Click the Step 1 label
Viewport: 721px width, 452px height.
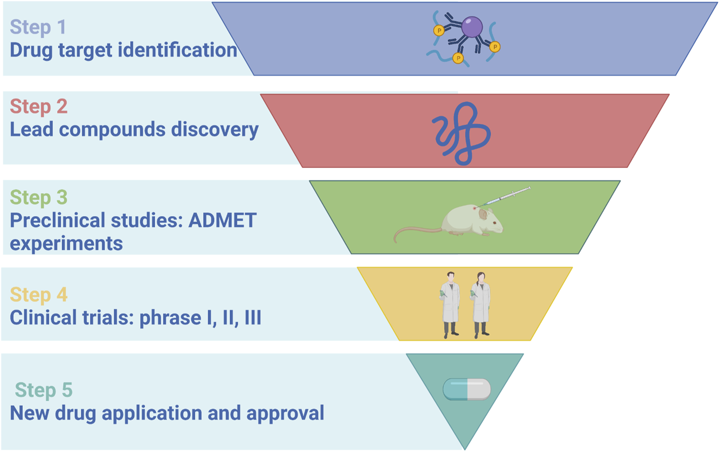(x=38, y=27)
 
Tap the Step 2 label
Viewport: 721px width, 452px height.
(x=39, y=107)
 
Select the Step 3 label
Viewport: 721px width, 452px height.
(x=39, y=198)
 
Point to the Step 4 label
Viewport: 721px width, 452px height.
(x=39, y=295)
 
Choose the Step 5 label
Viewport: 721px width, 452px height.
(x=44, y=390)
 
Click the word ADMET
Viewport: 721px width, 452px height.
(x=223, y=221)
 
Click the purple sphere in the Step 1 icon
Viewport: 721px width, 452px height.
(x=472, y=27)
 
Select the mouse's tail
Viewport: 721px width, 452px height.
(x=415, y=231)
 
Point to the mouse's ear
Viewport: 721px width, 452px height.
(x=483, y=214)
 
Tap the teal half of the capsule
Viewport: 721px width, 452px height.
(x=455, y=390)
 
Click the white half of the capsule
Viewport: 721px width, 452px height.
(x=479, y=390)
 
